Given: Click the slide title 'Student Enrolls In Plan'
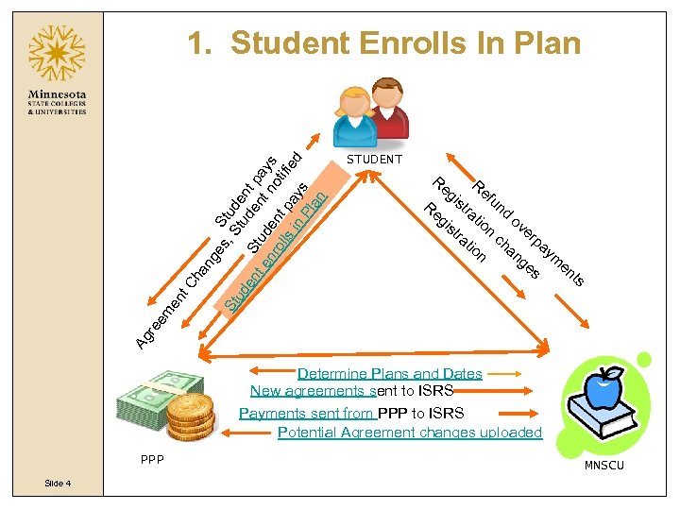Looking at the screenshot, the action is (x=383, y=43).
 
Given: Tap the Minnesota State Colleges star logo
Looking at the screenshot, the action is (x=57, y=54).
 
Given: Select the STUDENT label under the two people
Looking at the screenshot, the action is (x=375, y=160).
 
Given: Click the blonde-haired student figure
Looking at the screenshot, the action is (x=354, y=115).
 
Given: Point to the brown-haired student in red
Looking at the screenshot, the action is (x=387, y=107).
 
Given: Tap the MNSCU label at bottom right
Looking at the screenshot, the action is (x=603, y=466).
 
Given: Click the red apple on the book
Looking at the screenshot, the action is (x=603, y=386).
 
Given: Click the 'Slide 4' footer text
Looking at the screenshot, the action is (x=57, y=484).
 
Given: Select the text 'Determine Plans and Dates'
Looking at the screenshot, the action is (x=389, y=374).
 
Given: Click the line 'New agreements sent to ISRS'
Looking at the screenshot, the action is (x=351, y=390).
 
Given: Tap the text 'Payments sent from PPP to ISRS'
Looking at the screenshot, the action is (x=351, y=413).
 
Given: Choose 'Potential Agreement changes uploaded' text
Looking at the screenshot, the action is (x=410, y=433).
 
